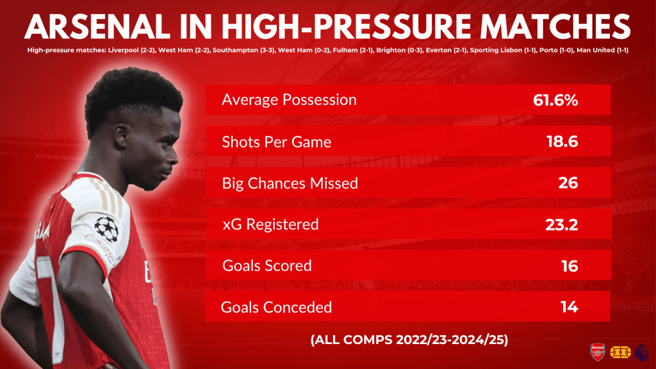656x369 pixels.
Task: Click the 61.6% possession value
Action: pos(555,100)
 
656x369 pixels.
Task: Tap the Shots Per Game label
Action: pos(277,142)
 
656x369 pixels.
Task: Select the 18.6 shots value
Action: pos(562,142)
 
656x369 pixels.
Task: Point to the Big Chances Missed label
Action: pos(290,183)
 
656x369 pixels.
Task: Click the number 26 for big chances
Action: pos(568,183)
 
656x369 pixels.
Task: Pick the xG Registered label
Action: pos(270,225)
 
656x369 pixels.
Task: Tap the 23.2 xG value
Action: pos(561,225)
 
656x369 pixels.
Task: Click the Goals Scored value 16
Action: pos(570,266)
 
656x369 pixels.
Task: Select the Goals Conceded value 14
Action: pos(570,307)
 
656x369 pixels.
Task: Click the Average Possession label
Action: pos(289,99)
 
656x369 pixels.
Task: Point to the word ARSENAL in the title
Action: pos(97,26)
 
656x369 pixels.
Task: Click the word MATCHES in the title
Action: pos(555,26)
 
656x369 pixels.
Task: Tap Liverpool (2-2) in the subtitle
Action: pos(131,50)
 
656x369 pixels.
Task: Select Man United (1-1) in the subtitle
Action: pos(602,50)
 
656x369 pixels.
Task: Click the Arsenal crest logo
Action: pos(598,352)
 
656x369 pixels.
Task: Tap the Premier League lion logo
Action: pos(641,352)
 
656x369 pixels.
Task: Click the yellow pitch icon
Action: pos(620,352)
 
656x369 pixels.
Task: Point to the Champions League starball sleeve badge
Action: pos(106,229)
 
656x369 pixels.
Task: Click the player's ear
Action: pos(121,138)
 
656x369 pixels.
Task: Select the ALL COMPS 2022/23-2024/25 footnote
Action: pos(409,340)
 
